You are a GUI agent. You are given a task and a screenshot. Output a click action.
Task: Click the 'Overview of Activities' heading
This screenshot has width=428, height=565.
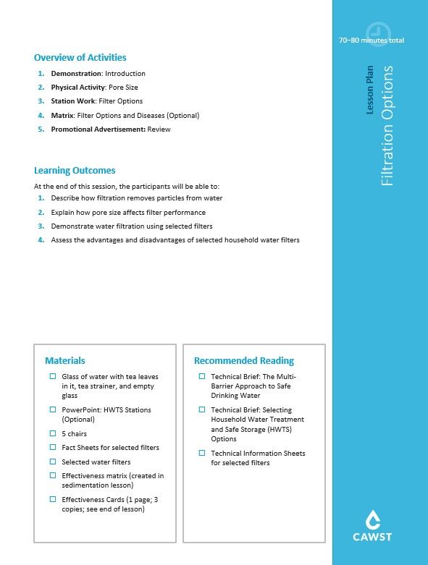click(80, 58)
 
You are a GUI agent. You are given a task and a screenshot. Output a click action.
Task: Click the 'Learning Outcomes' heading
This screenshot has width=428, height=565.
click(75, 171)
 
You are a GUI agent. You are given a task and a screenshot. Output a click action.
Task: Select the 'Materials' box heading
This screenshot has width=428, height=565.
click(65, 360)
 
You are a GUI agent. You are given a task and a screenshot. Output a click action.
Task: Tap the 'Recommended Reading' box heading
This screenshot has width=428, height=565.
click(244, 360)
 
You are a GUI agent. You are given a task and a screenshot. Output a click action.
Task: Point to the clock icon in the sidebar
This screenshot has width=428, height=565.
click(377, 33)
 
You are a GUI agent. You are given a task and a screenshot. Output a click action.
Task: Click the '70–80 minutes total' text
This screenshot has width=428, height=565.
click(371, 41)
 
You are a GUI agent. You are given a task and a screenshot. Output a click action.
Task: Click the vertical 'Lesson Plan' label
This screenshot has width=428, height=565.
click(370, 90)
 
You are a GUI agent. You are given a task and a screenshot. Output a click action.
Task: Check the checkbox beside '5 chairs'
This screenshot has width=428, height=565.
click(53, 433)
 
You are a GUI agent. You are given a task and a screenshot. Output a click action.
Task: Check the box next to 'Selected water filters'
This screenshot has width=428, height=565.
click(53, 462)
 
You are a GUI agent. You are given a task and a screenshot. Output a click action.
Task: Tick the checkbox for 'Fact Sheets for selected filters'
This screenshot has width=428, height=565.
click(53, 448)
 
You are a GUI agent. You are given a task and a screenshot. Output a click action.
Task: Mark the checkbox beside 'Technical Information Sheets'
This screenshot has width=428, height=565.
click(202, 454)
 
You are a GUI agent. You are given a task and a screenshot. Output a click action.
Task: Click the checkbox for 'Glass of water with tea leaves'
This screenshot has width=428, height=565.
click(53, 377)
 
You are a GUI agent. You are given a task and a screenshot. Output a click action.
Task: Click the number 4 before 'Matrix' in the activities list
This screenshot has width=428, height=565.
click(42, 116)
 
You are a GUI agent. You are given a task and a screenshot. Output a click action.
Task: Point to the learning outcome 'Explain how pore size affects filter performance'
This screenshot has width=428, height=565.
click(128, 213)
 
